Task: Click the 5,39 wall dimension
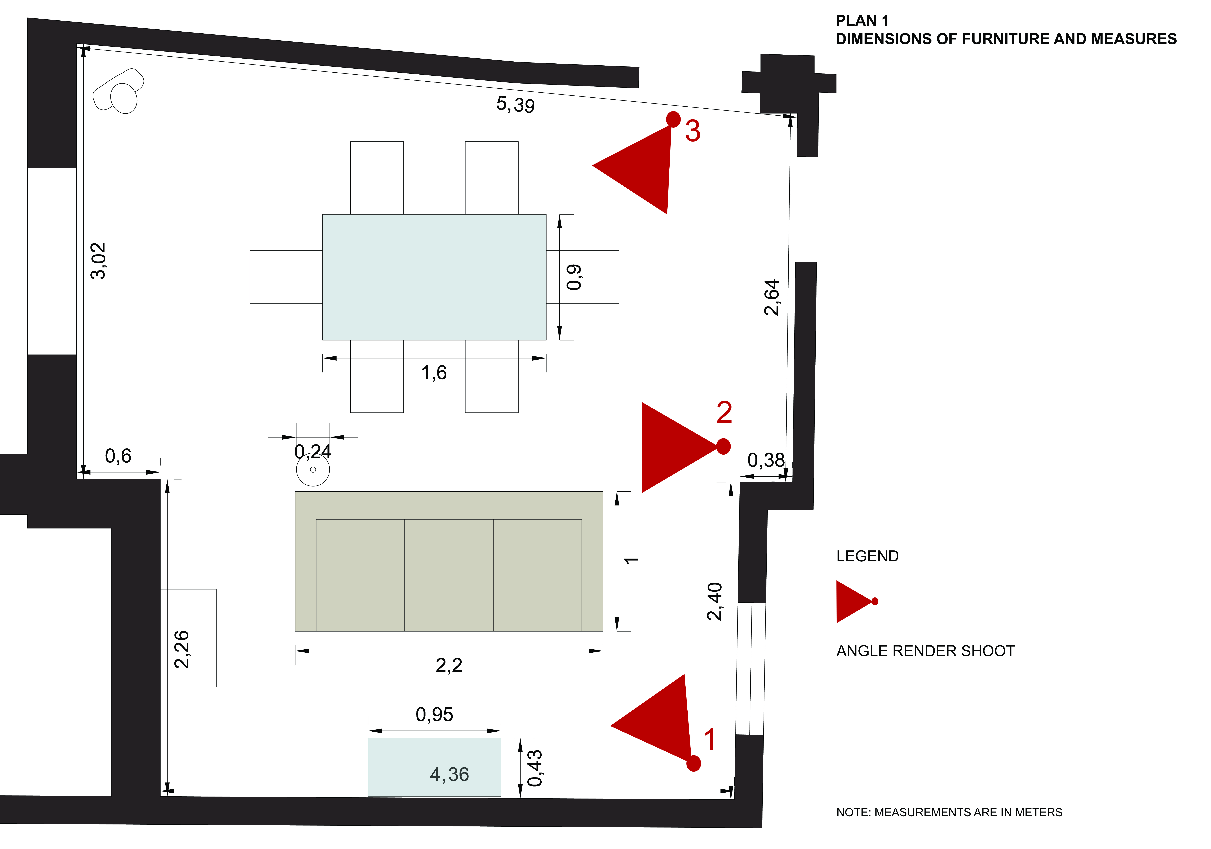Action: (515, 104)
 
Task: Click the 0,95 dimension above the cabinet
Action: (434, 715)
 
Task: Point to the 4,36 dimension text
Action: (449, 774)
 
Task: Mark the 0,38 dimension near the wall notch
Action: (766, 460)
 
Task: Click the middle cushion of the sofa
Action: (449, 575)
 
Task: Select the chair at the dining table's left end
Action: (286, 277)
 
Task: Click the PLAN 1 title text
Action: (862, 21)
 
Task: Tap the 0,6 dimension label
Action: (118, 456)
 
